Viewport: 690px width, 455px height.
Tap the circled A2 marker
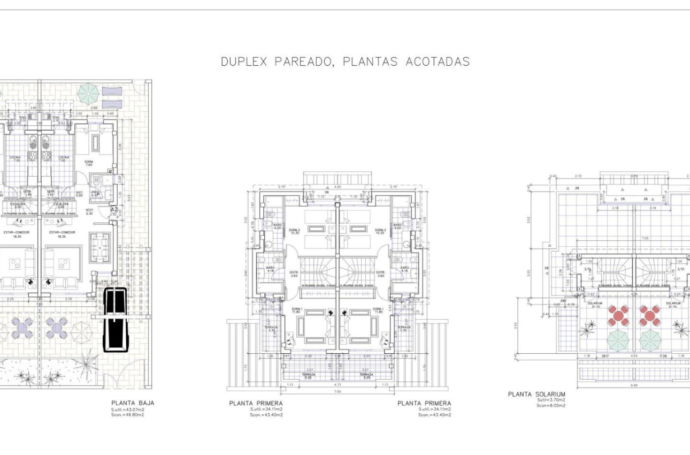click(113, 210)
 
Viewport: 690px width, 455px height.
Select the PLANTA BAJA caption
click(133, 403)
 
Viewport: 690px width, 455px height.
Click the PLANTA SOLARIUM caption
click(536, 395)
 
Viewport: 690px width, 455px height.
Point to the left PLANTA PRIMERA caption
click(256, 403)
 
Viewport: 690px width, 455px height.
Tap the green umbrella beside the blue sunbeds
click(87, 94)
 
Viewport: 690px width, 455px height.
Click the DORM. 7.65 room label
click(89, 163)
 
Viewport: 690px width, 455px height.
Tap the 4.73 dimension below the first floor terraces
click(338, 384)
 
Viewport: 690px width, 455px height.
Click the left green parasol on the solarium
click(618, 340)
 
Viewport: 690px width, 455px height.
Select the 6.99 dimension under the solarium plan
click(634, 386)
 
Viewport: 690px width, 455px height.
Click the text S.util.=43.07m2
click(127, 409)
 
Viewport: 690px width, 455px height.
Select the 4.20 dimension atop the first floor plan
click(338, 187)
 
